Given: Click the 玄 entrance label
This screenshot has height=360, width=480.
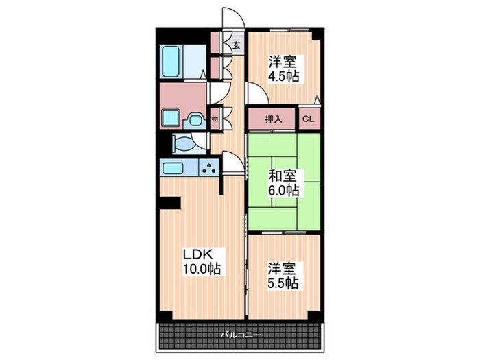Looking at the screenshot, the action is tap(236, 46).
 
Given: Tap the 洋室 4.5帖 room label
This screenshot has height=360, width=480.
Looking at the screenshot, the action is tap(283, 69).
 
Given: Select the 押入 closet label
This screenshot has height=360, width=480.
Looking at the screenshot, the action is tap(274, 119).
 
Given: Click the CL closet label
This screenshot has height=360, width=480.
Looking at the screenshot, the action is tap(309, 119).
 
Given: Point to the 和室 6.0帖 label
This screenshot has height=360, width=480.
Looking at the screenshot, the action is tap(283, 183).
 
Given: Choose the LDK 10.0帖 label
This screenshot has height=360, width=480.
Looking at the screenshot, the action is tap(202, 262).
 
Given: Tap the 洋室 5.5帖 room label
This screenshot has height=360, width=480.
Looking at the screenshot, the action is tap(283, 276).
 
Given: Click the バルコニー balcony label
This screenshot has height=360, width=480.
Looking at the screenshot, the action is tap(241, 335).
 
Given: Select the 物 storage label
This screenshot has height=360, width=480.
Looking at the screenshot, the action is tap(215, 119).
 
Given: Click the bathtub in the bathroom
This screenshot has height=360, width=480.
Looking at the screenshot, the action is tap(171, 62).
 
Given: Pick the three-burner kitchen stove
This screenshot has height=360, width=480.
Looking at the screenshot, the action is tap(209, 168).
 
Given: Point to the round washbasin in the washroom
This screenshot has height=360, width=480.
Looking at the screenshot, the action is tap(195, 120).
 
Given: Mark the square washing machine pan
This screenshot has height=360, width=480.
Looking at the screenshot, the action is tap(170, 118).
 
